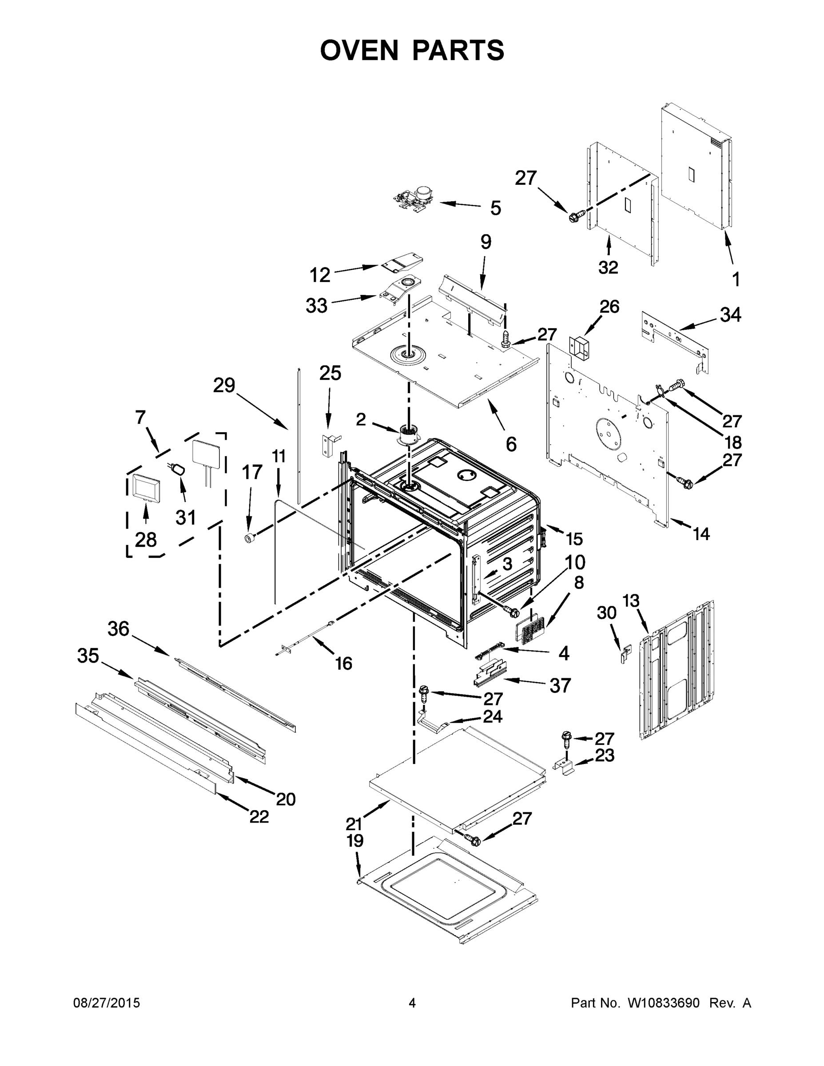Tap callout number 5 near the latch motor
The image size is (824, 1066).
point(495,208)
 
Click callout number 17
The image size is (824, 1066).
point(252,473)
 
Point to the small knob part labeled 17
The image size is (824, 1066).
point(250,538)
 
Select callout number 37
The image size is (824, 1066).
point(560,686)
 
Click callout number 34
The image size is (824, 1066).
point(730,315)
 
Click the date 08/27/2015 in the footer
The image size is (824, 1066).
point(107,1003)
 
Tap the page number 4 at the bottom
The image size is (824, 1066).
point(412,1003)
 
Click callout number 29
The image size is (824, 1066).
point(224,386)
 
